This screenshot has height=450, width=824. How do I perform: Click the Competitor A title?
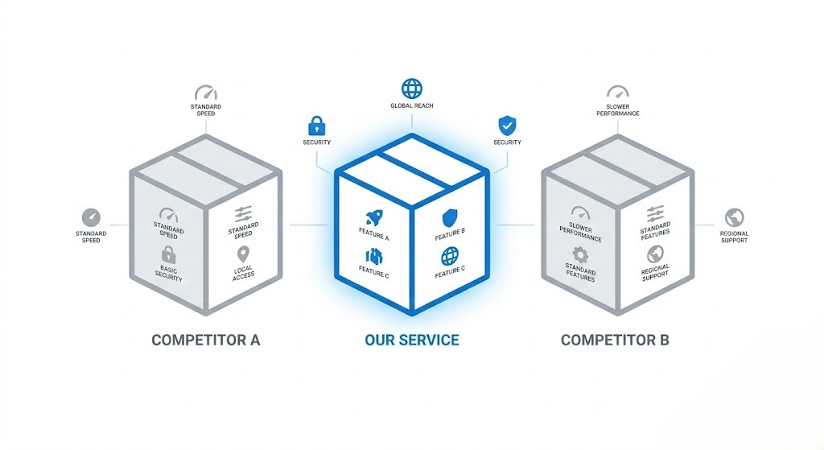pos(205,340)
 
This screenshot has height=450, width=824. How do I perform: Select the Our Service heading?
pos(411,340)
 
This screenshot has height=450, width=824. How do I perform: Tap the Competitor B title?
pos(615,340)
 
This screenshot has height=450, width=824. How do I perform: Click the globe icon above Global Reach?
pos(412,88)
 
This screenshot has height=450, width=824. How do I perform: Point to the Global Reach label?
pos(412,106)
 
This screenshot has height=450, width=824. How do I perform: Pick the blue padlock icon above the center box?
pos(316,126)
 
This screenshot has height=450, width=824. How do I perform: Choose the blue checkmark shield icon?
pos(507,126)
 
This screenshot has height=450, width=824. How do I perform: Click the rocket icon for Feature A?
pos(373,217)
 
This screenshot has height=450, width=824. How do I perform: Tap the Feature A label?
pos(374,237)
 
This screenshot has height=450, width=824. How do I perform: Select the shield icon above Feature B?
pos(449,217)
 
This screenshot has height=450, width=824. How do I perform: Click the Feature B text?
pos(449,233)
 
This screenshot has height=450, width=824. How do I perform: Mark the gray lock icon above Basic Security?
pos(169,255)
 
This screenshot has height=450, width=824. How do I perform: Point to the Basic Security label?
pos(169,274)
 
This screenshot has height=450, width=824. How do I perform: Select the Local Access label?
pos(243,271)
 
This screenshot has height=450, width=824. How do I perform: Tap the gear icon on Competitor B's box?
pos(580,254)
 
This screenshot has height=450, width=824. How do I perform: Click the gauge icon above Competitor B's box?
pos(618,93)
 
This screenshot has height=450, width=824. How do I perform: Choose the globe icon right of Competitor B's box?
pos(734,217)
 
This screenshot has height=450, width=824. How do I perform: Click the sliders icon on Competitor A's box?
pos(243,214)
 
